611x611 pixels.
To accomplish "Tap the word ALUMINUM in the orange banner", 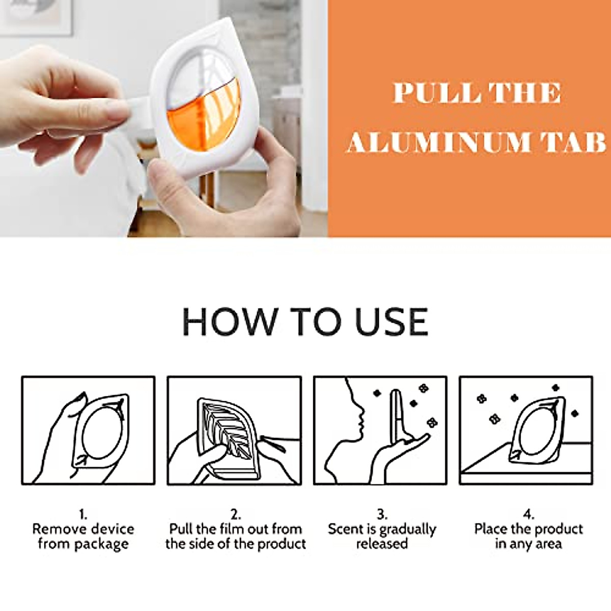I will pyautogui.click(x=438, y=142).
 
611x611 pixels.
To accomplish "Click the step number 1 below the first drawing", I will pyautogui.click(x=82, y=514).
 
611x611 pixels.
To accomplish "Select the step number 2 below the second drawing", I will pyautogui.click(x=235, y=514).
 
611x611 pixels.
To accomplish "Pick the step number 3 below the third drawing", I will pyautogui.click(x=382, y=514).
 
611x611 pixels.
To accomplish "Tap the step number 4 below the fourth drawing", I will pyautogui.click(x=528, y=514).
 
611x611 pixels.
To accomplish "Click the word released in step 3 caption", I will pyautogui.click(x=382, y=544).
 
